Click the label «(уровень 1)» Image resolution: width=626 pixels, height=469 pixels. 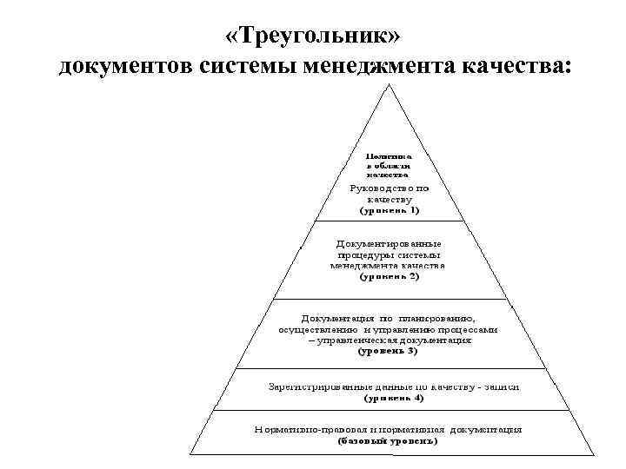tap(390, 210)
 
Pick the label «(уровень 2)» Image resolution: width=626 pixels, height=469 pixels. tap(389, 277)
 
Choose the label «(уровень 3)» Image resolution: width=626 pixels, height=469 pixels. tap(388, 353)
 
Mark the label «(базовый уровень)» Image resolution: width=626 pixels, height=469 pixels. tap(388, 441)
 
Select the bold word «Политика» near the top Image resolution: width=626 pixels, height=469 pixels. tap(387, 153)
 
